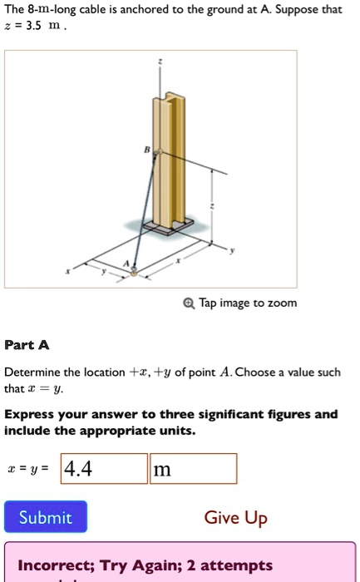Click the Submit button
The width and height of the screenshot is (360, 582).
pos(46,517)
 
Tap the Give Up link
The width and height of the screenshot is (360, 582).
pos(235,518)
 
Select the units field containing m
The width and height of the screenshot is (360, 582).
pos(193,469)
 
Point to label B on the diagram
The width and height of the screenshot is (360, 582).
pos(149,152)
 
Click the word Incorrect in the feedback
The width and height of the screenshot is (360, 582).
pos(56,565)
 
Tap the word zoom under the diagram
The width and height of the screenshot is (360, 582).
pos(281,303)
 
